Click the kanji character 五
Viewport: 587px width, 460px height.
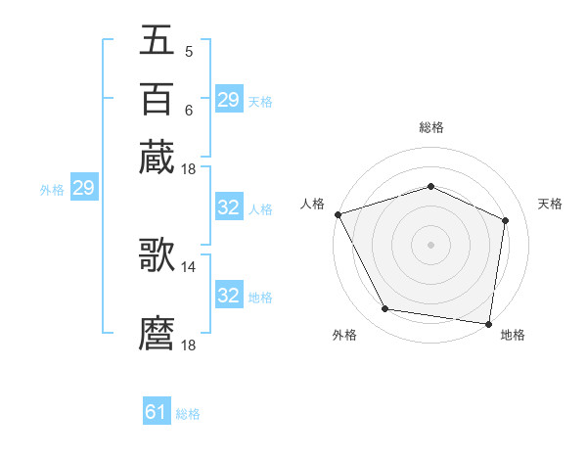point(157,40)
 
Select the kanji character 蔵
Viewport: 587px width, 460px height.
point(157,157)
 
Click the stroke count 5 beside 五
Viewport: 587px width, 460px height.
point(188,52)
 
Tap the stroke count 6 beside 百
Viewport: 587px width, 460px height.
point(188,111)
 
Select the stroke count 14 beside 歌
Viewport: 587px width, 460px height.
point(189,266)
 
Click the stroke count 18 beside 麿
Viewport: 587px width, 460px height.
point(189,345)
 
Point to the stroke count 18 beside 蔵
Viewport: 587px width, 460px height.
point(189,169)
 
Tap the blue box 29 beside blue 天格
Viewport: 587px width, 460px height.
point(229,100)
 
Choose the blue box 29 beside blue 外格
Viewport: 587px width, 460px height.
point(83,189)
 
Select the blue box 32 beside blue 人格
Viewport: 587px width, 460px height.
point(229,208)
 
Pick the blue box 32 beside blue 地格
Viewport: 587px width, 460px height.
point(229,296)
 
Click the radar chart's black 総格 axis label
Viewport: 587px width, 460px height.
point(430,127)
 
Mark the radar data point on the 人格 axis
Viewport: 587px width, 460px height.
point(338,214)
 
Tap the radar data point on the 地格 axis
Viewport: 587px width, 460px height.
point(488,323)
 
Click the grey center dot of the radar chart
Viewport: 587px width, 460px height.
point(430,244)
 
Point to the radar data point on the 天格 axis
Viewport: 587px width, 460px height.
point(505,220)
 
